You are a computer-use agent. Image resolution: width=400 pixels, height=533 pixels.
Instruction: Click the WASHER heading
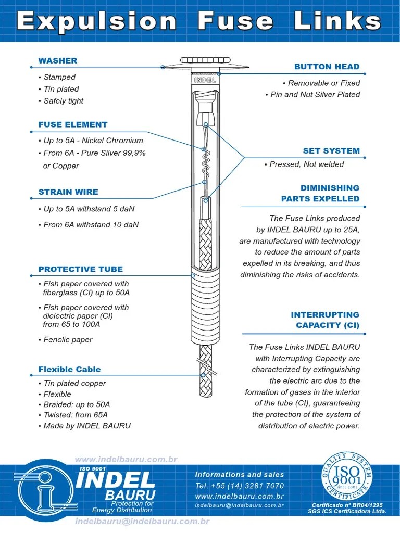click(57, 61)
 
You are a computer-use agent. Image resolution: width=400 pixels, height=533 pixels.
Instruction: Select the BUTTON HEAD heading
click(327, 67)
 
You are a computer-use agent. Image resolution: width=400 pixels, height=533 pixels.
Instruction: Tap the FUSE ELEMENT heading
click(72, 125)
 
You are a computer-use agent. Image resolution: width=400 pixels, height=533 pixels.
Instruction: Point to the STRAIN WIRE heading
click(68, 192)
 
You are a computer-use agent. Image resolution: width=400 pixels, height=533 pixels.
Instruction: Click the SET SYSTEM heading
click(331, 151)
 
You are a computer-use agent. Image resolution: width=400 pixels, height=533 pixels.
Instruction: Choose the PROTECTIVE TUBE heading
click(81, 270)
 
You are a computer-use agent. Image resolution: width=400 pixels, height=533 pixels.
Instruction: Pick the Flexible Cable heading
click(69, 370)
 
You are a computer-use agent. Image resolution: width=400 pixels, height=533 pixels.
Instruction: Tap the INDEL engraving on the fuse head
click(205, 81)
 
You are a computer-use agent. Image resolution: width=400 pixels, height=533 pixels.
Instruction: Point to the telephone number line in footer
click(240, 486)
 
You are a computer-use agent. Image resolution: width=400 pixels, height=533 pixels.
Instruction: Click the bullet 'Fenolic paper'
click(67, 340)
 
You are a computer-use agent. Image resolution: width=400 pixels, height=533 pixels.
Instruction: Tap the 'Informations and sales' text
click(240, 475)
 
